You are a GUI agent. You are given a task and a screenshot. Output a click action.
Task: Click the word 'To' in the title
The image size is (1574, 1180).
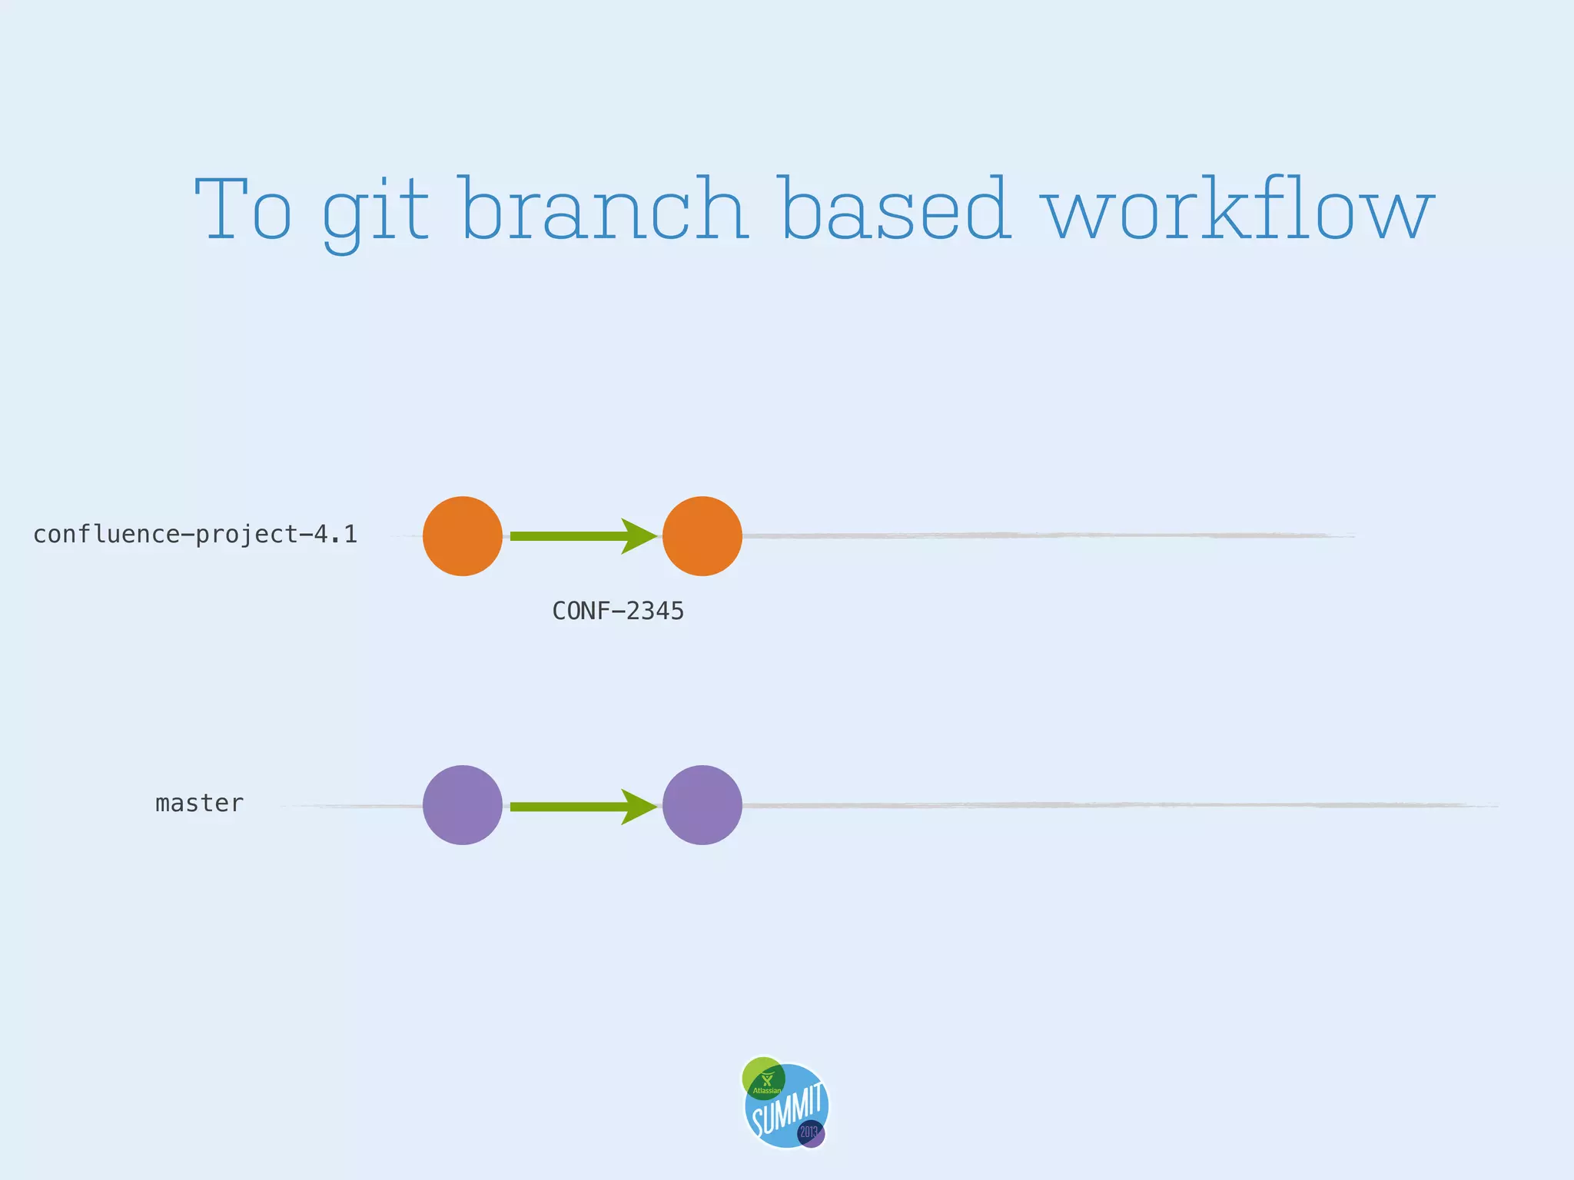coord(244,209)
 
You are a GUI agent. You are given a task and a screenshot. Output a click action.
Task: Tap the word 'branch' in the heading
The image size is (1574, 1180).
coord(605,209)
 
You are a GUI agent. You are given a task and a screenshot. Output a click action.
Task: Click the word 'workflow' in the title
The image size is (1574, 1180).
coord(1237,209)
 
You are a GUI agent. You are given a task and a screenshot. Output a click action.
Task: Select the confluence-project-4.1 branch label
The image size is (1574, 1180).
coord(195,535)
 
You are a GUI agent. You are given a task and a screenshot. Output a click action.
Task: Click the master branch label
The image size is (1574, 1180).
coord(199,804)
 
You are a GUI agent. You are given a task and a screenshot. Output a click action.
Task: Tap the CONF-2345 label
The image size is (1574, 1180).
coord(618,612)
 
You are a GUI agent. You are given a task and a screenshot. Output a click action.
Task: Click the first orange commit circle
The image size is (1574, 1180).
coord(463,536)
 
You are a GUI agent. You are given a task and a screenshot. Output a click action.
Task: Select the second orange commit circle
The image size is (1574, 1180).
coord(702,536)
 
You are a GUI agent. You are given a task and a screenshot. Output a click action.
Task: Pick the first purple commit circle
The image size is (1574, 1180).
coord(463,805)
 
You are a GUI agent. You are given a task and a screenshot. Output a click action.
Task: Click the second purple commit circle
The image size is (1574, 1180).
coord(702,805)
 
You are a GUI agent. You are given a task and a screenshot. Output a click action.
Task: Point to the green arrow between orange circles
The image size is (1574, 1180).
coord(569,536)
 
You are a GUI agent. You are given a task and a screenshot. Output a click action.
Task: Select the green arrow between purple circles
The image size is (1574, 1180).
coord(569,807)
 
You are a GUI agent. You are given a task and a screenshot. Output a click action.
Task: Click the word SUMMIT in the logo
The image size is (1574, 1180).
coord(789,1109)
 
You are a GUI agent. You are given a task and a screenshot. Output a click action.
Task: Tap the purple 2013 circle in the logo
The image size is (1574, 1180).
coord(812,1133)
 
